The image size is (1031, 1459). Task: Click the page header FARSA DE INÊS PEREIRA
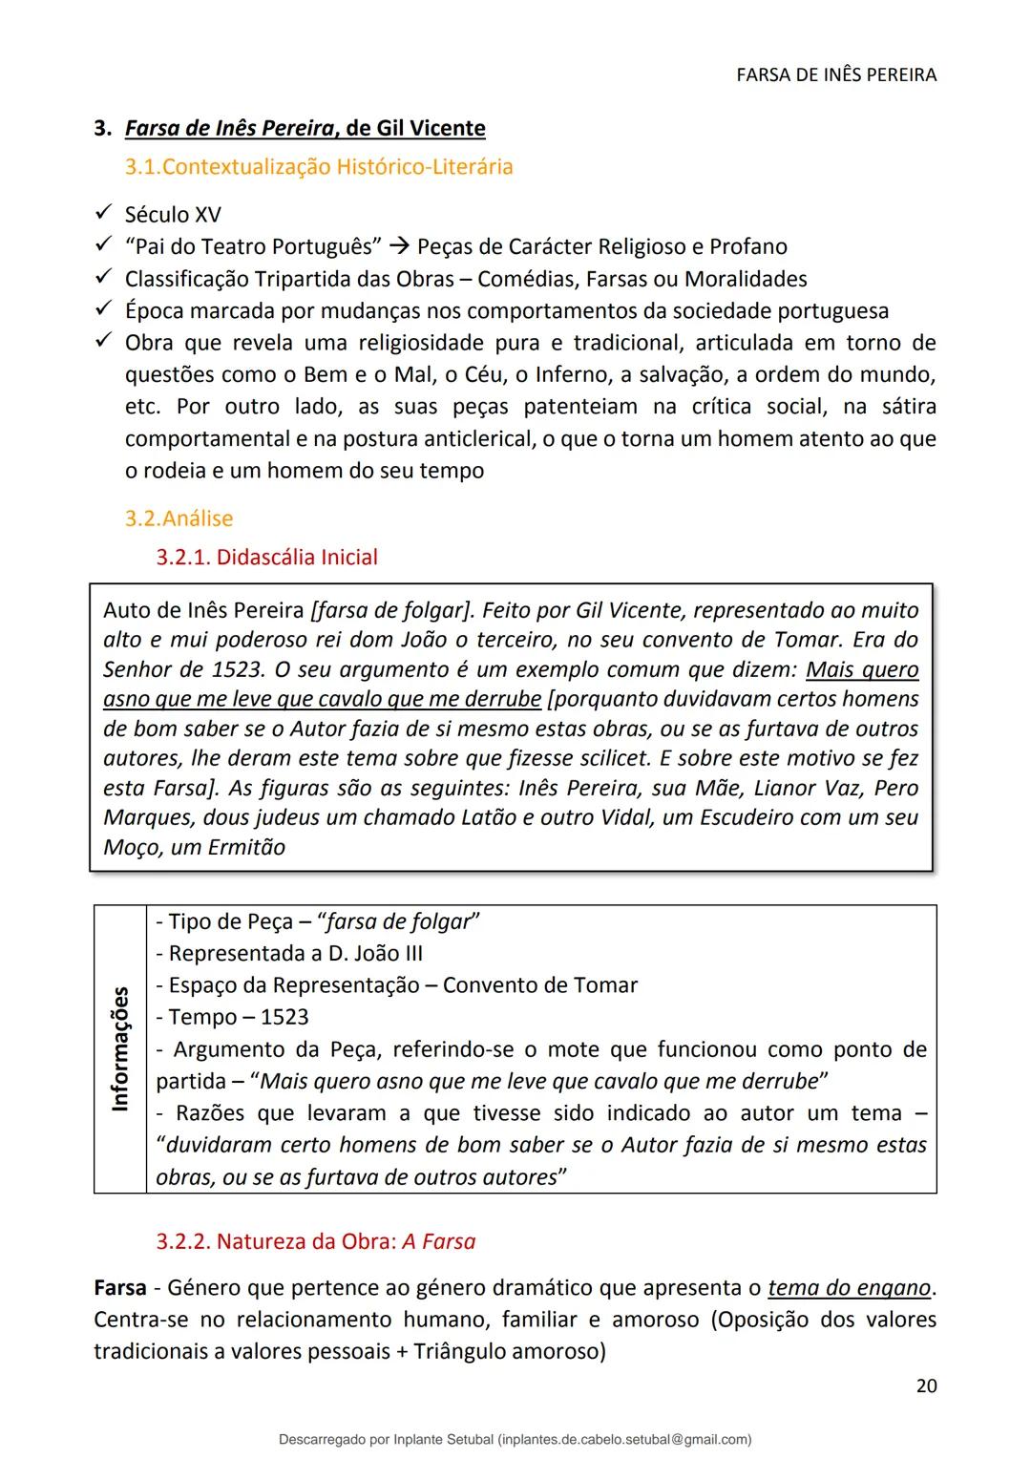(x=836, y=74)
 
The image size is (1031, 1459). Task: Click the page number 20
(x=926, y=1385)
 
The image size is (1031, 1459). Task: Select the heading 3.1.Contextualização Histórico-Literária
(x=319, y=167)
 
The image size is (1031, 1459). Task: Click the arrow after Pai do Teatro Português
(x=400, y=247)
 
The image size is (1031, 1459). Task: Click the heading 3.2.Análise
(x=179, y=518)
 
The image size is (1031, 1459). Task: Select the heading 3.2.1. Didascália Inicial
(x=266, y=558)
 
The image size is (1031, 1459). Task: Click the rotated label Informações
(x=120, y=1048)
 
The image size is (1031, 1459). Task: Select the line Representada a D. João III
(x=289, y=953)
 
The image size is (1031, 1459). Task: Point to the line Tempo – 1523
(x=232, y=1017)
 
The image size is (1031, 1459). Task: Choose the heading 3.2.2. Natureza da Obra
(x=315, y=1242)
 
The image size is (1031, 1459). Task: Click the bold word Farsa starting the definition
(x=119, y=1288)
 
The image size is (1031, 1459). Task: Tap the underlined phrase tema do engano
(x=848, y=1288)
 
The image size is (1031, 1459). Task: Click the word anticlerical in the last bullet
(x=449, y=439)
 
